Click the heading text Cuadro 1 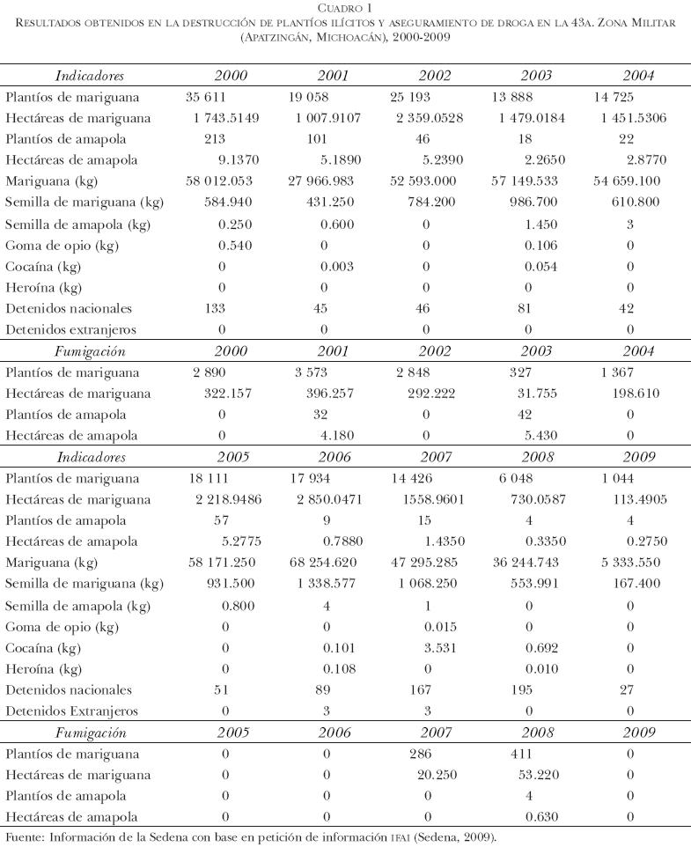tap(345, 8)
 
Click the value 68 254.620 tap(327, 563)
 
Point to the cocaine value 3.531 tap(438, 648)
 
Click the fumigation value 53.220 tap(533, 775)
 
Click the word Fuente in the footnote tap(25, 836)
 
